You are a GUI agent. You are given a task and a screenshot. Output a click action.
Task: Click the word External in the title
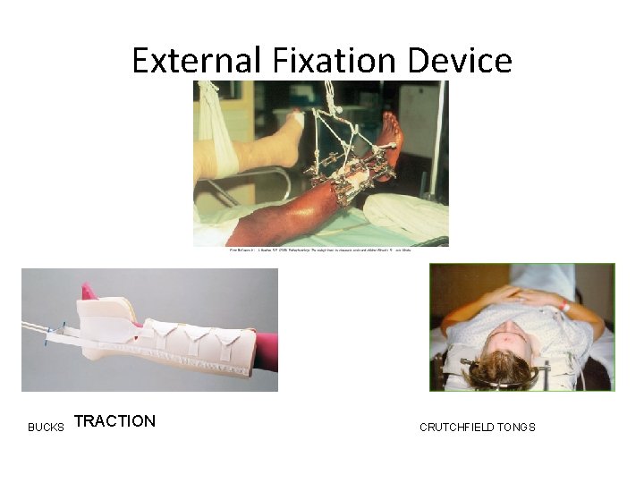tap(196, 60)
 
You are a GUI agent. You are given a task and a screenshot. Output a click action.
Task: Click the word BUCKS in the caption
tap(46, 428)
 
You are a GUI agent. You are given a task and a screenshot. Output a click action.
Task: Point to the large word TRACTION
tap(114, 421)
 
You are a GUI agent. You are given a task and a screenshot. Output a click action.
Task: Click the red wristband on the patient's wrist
tap(564, 306)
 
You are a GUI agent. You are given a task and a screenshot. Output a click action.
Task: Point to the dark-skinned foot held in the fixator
tap(390, 143)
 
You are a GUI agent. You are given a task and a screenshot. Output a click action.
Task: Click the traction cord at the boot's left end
tap(40, 330)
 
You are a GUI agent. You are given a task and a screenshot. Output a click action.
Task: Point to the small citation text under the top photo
tap(320, 251)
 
